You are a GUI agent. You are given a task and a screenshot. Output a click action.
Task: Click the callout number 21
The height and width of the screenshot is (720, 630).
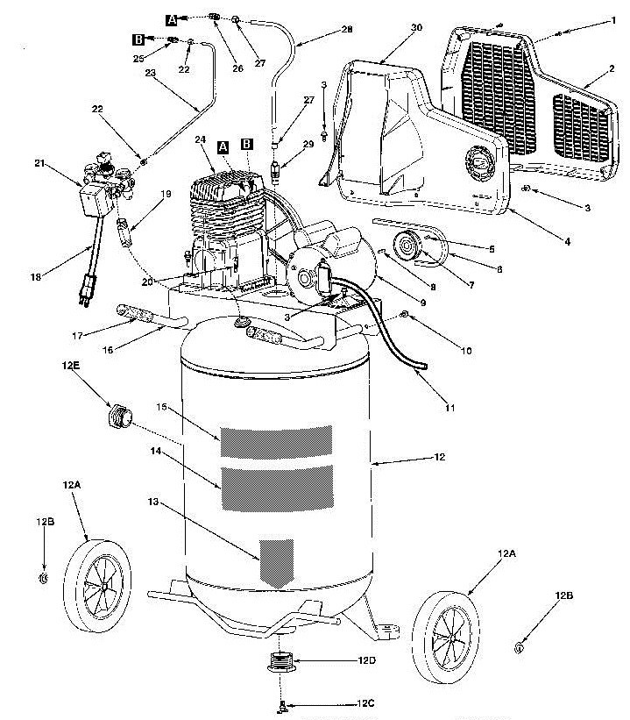pyautogui.click(x=39, y=163)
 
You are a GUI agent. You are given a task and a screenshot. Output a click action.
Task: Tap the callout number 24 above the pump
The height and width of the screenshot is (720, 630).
pyautogui.click(x=200, y=139)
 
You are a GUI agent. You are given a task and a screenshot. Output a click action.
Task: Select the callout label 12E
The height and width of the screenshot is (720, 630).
pyautogui.click(x=71, y=366)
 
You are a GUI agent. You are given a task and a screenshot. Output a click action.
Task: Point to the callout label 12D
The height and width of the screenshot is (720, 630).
pyautogui.click(x=366, y=660)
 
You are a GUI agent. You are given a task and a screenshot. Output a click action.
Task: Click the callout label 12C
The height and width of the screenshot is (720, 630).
pyautogui.click(x=365, y=703)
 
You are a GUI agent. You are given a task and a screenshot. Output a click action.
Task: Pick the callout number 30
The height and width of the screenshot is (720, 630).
pyautogui.click(x=415, y=27)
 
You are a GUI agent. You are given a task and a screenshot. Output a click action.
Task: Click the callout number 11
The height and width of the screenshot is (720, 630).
pyautogui.click(x=449, y=407)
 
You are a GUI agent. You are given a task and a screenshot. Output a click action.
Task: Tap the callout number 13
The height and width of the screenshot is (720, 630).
pyautogui.click(x=152, y=502)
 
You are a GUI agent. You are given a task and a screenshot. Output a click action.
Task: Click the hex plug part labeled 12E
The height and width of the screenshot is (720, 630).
pyautogui.click(x=121, y=416)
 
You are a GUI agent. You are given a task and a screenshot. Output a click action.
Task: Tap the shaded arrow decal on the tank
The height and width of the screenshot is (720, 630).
pyautogui.click(x=277, y=563)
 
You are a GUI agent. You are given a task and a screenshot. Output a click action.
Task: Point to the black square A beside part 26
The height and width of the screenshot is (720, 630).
pyautogui.click(x=171, y=20)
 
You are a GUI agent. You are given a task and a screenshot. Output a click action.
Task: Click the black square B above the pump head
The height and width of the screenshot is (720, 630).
pyautogui.click(x=246, y=144)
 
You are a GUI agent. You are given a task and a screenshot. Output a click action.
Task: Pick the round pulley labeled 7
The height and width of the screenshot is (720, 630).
pyautogui.click(x=407, y=246)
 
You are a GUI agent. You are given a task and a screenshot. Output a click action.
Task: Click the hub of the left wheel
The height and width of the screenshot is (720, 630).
pyautogui.click(x=105, y=586)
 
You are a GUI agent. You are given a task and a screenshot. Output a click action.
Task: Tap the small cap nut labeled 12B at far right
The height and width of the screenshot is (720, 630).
pyautogui.click(x=519, y=648)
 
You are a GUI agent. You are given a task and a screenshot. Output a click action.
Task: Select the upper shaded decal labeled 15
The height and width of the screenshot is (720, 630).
pyautogui.click(x=276, y=441)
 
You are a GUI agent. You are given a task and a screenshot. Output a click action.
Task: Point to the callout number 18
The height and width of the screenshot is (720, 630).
pyautogui.click(x=36, y=276)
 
